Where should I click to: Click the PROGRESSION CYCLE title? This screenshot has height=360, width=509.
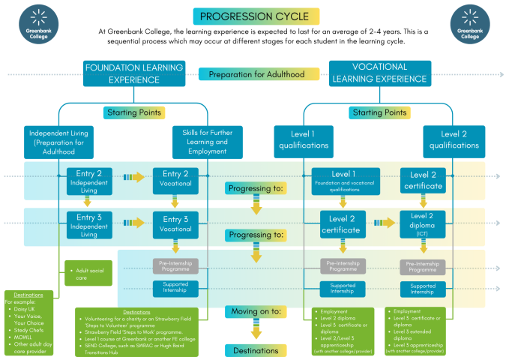point(255,16)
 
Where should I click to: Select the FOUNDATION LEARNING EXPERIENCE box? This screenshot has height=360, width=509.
point(133,73)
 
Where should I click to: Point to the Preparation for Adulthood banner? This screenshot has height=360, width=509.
point(256,74)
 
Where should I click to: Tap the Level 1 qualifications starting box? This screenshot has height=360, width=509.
point(304,140)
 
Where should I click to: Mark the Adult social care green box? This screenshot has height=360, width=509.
point(88,271)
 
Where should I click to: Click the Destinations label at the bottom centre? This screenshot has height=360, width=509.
point(256,350)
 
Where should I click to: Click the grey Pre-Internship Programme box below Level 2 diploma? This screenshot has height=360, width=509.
point(422,266)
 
